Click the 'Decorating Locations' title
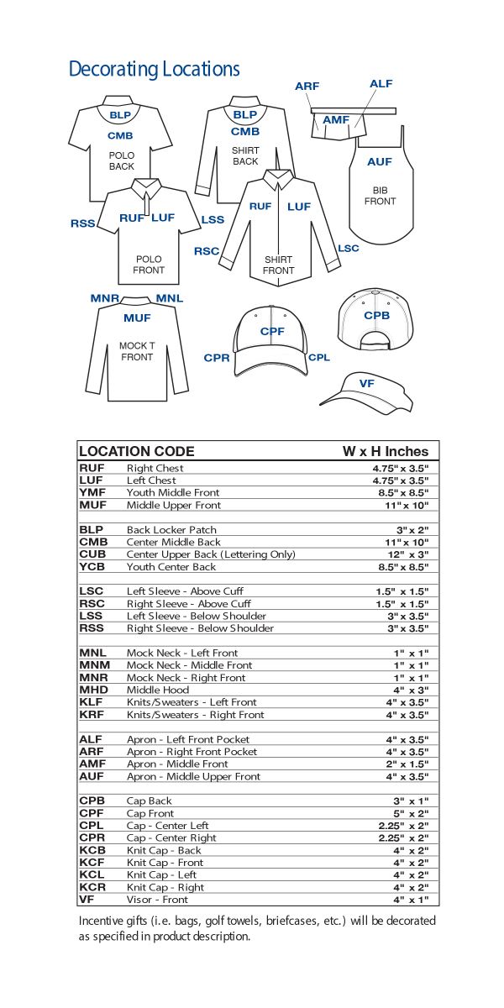(154, 69)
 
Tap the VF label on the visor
(366, 384)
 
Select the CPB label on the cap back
(376, 316)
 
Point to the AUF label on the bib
(380, 161)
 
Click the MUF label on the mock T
(137, 318)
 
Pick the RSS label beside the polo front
(82, 223)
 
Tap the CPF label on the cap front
(272, 332)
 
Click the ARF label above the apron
(307, 87)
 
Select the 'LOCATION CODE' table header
(136, 451)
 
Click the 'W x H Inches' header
(385, 451)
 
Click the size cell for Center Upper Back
(407, 554)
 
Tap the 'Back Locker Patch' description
(171, 530)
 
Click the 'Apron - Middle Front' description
(177, 764)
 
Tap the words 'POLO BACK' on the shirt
(122, 161)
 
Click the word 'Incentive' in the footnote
(99, 921)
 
